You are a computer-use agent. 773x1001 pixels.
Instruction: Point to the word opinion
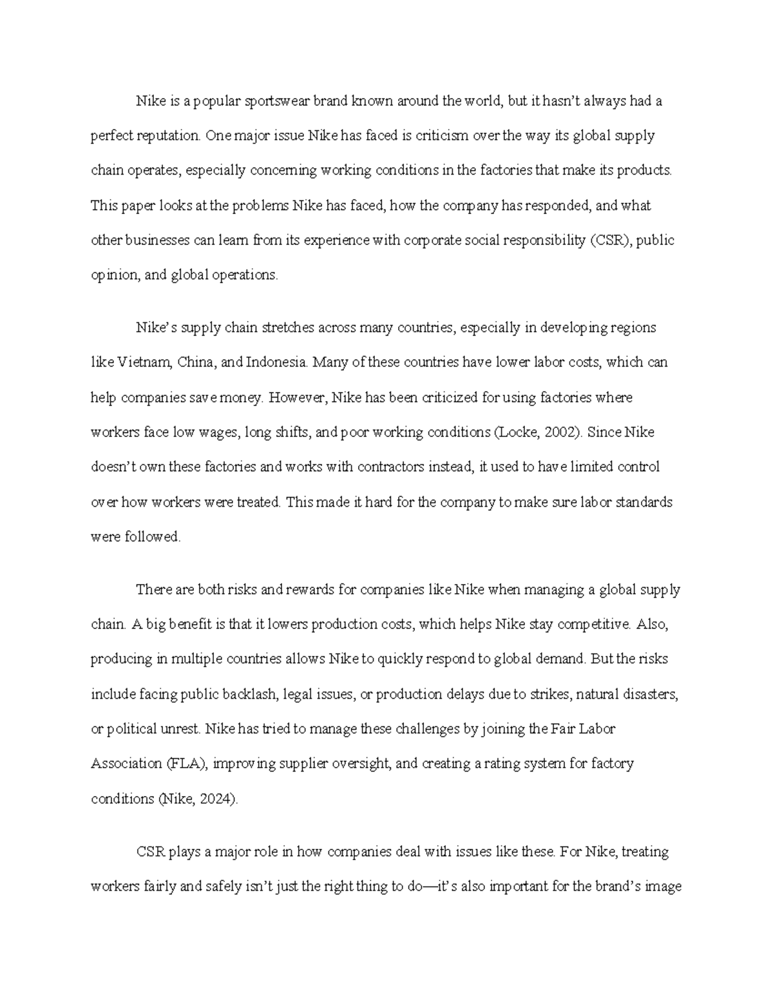click(114, 275)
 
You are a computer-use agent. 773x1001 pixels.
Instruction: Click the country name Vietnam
click(145, 362)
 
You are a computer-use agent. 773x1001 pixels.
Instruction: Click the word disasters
click(648, 694)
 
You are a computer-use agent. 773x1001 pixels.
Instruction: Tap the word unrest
click(181, 729)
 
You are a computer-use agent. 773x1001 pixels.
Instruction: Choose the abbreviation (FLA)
click(186, 764)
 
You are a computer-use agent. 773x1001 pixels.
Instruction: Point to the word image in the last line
click(663, 886)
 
